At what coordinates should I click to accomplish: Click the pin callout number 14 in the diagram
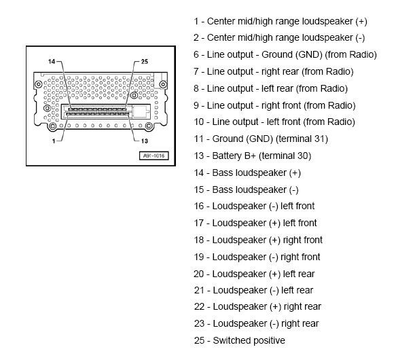point(52,61)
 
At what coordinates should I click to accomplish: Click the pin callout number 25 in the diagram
point(144,61)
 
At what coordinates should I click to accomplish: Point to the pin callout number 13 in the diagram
point(144,141)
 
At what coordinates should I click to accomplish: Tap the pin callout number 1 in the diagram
point(54,141)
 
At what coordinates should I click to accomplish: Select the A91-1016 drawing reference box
point(154,156)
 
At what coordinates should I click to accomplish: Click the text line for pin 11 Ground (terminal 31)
point(261,139)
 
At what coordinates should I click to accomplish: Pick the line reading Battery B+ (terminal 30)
point(252,156)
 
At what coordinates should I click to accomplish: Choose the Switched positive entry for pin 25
point(239,340)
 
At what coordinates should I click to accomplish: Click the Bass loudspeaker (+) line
point(247,173)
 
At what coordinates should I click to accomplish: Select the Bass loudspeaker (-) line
point(247,190)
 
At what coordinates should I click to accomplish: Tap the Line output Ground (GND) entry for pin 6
point(285,54)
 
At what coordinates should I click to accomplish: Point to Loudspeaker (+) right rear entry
point(257,306)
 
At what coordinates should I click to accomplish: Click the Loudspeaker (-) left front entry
point(254,206)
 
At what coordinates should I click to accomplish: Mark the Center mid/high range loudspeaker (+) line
point(281,21)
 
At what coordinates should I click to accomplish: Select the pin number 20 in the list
point(199,274)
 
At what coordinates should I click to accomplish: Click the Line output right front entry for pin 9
point(274,105)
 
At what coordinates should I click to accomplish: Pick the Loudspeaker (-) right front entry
point(257,257)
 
